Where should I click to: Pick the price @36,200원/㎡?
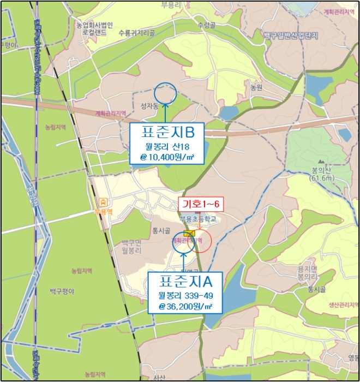click(x=185, y=307)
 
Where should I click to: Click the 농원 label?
click(x=256, y=87)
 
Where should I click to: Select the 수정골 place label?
click(x=207, y=25)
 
